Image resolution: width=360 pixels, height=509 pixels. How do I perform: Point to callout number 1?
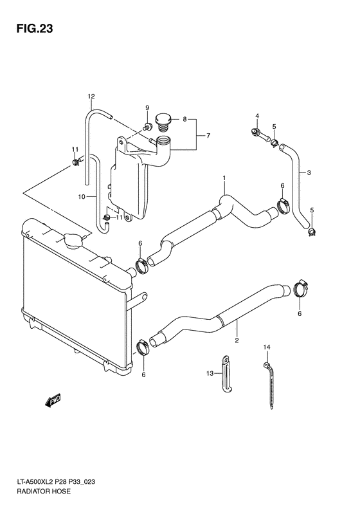tap(224, 178)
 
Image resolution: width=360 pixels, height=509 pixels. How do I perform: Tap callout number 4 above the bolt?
tap(257, 116)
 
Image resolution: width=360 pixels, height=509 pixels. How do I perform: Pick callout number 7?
tap(208, 136)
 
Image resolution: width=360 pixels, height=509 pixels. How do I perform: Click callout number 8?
tap(184, 119)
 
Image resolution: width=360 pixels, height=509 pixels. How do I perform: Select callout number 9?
tap(147, 107)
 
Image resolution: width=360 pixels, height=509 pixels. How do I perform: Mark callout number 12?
tap(91, 97)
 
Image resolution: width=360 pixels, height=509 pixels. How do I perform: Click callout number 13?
tap(209, 373)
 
